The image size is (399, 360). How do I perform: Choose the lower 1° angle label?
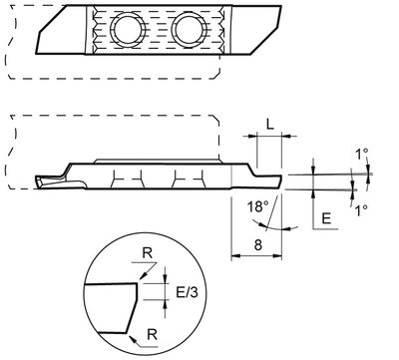click(362, 210)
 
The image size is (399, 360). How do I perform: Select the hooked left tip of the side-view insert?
click(38, 185)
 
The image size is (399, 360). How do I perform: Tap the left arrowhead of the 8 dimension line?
click(235, 255)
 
